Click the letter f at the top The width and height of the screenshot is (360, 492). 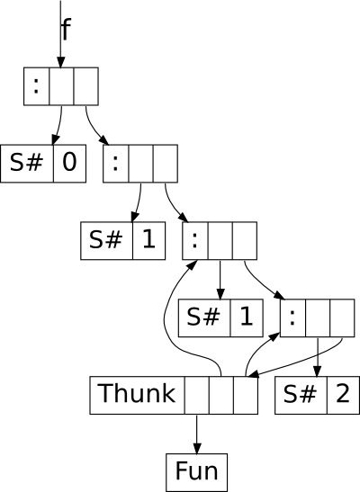pos(66,29)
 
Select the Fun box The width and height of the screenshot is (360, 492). pos(196,472)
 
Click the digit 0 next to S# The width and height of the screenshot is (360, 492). pos(69,162)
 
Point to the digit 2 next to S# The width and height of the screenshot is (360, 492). pos(342,394)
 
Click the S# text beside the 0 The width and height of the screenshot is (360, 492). pos(26,162)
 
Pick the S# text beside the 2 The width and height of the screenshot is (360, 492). pos(300,394)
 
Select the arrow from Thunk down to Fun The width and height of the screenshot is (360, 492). pos(197,434)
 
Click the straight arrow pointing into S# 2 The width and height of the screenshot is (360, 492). pos(318,357)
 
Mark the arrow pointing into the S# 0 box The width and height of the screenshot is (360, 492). pos(58,126)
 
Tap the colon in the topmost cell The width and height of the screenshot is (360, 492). pos(36,86)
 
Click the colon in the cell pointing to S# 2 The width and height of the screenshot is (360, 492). pos(292,318)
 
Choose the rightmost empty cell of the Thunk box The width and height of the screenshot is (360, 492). pos(246,396)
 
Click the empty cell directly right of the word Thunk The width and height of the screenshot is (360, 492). pos(197,396)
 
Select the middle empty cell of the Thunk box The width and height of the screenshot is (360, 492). pos(221,396)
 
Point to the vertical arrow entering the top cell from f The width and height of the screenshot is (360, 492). pos(60,34)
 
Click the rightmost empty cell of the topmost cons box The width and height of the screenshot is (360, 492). pos(86,86)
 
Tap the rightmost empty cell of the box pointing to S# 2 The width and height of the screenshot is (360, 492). pos(342,318)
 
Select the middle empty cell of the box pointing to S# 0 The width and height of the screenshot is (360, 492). pos(61,86)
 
